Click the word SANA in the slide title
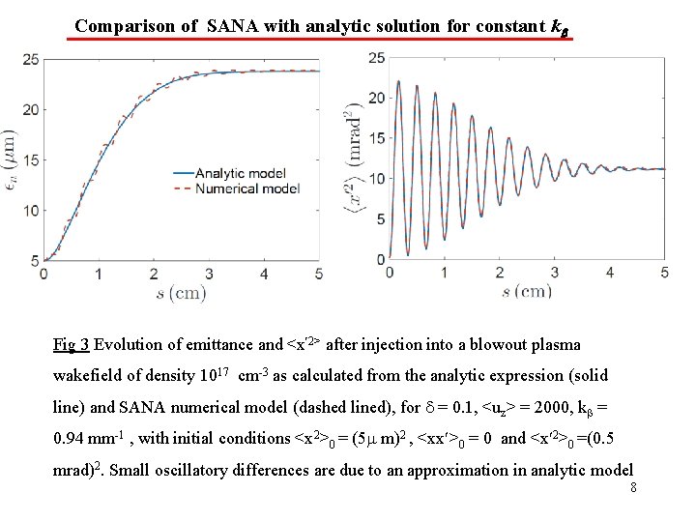click(x=233, y=26)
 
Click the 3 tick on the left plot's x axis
click(x=208, y=275)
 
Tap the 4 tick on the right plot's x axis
click(x=609, y=273)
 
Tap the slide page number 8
click(x=633, y=488)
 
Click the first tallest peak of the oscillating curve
click(x=399, y=83)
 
